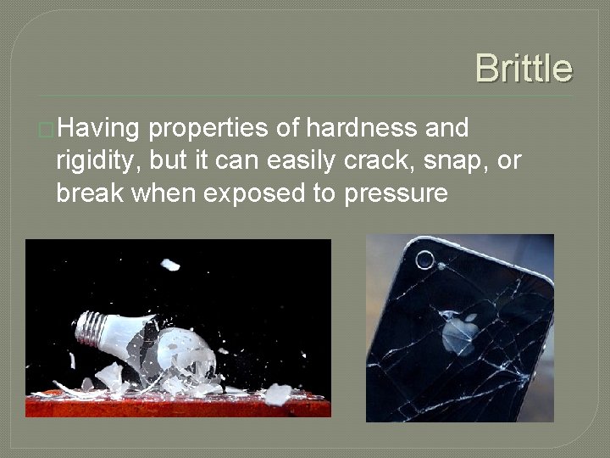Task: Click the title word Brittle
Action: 524,68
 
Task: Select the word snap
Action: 456,161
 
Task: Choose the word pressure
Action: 396,194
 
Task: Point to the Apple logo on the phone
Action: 457,334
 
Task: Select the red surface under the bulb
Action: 178,405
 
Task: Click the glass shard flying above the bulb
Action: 170,265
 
